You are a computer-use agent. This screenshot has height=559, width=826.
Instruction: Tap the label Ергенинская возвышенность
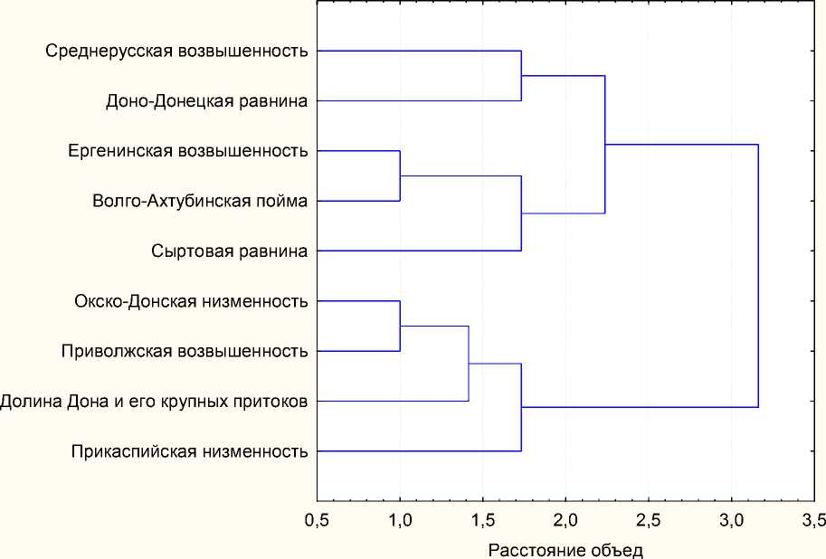(188, 150)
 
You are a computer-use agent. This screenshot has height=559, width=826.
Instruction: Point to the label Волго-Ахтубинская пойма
(200, 201)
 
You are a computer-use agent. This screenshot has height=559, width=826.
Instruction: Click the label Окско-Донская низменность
(191, 300)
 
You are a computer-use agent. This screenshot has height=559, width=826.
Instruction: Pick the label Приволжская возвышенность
(185, 350)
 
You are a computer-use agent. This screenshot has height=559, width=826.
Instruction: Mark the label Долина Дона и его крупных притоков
(154, 400)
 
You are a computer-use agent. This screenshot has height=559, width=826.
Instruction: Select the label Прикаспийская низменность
(188, 450)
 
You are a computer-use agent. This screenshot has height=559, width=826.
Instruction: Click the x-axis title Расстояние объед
(565, 549)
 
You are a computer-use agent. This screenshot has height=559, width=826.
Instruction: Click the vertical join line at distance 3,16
(758, 276)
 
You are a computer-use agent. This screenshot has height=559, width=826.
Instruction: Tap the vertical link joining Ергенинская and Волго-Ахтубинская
(400, 175)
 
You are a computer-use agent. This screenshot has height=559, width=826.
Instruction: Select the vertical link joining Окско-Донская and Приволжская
(400, 326)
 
